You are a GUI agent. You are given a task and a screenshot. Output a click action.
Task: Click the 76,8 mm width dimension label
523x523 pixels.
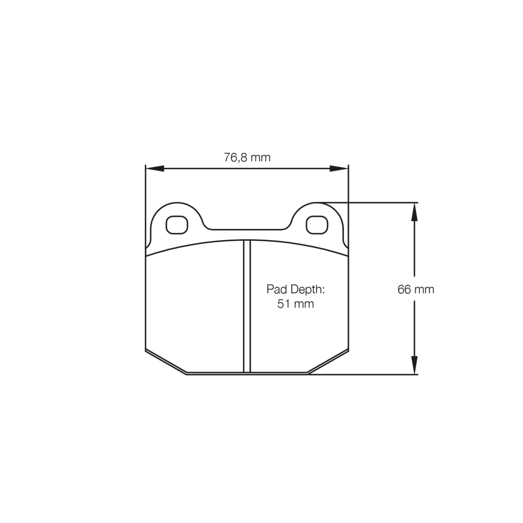coord(247,158)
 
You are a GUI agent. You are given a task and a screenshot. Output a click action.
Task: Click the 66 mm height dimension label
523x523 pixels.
coord(416,289)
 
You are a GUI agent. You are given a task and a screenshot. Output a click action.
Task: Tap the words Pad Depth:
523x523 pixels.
coord(295,289)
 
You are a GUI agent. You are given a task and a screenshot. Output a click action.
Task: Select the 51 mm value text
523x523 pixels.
coord(295,304)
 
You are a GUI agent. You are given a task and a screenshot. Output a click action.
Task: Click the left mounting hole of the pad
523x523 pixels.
coord(177,225)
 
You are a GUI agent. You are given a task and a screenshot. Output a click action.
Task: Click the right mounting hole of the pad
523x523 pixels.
coord(317,225)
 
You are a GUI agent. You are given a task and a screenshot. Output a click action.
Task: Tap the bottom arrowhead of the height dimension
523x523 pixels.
coord(414,365)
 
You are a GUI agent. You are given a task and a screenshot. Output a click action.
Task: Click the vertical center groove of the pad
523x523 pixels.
coord(247,306)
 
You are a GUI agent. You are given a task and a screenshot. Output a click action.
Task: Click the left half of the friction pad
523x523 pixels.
coord(194,306)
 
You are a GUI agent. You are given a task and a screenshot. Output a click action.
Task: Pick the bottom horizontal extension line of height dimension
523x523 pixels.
coord(368,375)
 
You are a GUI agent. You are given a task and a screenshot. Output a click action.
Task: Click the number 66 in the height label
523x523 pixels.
coord(404,289)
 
